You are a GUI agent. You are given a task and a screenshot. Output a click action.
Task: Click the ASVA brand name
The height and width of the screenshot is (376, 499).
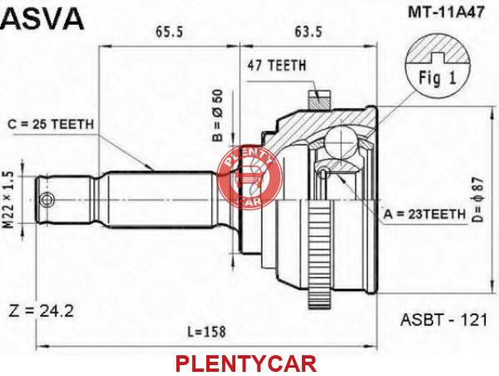[42, 18]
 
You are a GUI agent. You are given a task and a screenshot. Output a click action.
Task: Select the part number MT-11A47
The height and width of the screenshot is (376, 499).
[446, 12]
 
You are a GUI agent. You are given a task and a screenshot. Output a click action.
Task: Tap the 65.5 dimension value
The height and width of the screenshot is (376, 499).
[170, 32]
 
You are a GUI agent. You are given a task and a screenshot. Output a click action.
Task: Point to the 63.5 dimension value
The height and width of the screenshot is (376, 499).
[309, 32]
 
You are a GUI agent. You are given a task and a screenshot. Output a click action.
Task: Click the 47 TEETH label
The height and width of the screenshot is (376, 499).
[277, 66]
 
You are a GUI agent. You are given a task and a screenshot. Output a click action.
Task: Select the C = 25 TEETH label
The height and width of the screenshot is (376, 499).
[51, 125]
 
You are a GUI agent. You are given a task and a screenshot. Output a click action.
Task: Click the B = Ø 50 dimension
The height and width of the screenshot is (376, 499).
[218, 115]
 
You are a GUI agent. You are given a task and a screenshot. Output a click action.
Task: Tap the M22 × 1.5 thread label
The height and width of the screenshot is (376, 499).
[8, 200]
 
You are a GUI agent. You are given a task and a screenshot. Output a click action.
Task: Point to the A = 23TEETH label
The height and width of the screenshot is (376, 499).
[424, 215]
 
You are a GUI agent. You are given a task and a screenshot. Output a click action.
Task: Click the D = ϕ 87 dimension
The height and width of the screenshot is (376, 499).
[478, 200]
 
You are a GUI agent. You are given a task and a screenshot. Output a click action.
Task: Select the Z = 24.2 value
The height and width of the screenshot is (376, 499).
[41, 311]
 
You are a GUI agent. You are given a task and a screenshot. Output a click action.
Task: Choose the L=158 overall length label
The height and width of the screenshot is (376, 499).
[206, 331]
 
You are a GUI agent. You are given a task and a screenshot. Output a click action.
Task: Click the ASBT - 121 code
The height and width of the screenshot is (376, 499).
[443, 319]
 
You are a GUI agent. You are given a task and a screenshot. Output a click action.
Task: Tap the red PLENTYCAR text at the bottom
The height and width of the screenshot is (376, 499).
[246, 364]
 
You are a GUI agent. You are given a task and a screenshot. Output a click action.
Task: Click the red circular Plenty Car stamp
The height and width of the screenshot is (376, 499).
[250, 176]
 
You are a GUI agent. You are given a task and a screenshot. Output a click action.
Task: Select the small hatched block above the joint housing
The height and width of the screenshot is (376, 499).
[319, 100]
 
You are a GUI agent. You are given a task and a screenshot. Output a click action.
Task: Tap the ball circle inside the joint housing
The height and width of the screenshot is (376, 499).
[341, 142]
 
